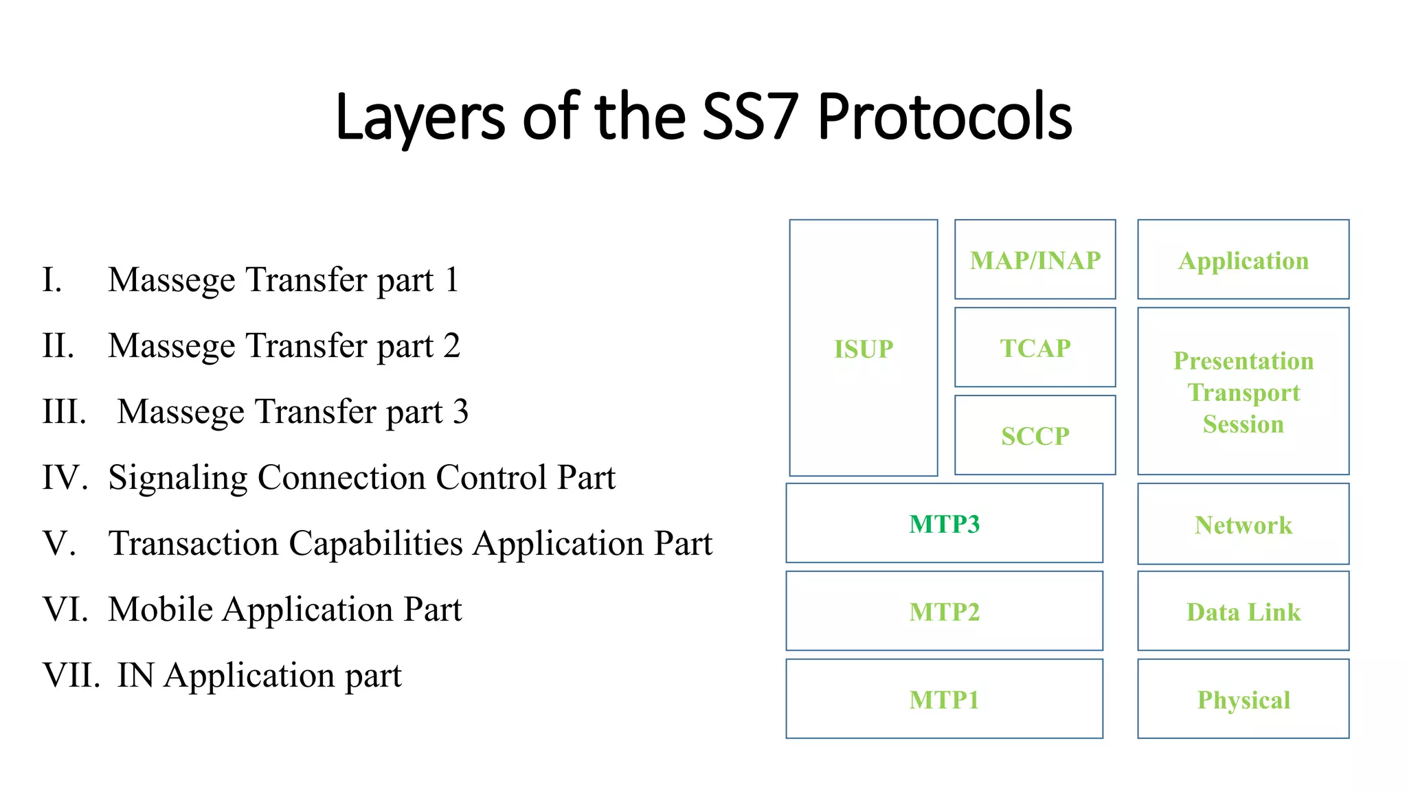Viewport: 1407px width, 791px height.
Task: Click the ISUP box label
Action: click(864, 349)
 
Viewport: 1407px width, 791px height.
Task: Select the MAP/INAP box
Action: click(1035, 260)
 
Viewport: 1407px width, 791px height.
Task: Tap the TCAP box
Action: click(1035, 348)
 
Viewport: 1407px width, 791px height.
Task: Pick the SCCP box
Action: click(1035, 436)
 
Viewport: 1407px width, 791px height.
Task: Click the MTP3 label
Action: click(944, 524)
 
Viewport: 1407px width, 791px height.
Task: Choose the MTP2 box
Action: click(944, 612)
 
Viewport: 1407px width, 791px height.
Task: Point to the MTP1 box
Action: click(944, 700)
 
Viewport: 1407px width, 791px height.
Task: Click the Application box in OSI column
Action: click(1243, 260)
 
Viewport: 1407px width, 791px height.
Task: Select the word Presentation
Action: click(1243, 360)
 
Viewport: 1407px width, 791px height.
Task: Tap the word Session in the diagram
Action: click(1243, 424)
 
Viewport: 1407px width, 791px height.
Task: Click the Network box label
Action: click(1243, 525)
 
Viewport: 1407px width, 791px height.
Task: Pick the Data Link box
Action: click(1243, 612)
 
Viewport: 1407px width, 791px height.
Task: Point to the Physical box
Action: click(1243, 700)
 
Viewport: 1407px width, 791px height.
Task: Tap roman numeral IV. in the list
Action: click(65, 477)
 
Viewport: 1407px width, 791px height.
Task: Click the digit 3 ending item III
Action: click(460, 411)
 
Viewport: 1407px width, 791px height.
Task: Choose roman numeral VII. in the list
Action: click(71, 675)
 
